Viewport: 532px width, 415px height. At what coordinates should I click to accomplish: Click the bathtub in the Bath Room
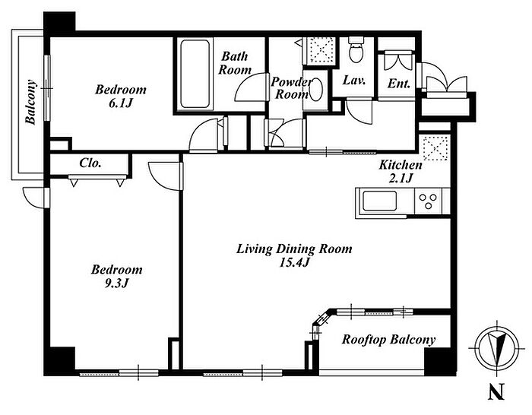(195, 74)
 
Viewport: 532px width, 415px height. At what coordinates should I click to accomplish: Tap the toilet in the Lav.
(356, 50)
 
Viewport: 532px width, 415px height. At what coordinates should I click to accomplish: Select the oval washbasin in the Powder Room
(315, 90)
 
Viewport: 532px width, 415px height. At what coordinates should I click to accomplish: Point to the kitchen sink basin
(380, 201)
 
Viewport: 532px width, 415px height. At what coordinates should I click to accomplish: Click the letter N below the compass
(496, 391)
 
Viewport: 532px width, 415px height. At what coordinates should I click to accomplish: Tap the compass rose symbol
(497, 348)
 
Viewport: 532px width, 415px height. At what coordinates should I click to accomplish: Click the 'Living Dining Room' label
(294, 249)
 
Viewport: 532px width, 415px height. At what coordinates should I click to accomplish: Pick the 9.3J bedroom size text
(116, 284)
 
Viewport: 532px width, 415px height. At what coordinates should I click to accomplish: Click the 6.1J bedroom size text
(120, 103)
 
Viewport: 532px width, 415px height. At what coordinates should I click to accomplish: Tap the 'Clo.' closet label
(90, 163)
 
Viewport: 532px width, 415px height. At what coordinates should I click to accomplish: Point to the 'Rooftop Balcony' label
(388, 340)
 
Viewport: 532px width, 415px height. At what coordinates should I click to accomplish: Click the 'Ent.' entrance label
(399, 84)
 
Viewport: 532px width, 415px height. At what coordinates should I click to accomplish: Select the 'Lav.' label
(354, 81)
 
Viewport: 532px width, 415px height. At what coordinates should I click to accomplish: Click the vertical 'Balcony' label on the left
(31, 102)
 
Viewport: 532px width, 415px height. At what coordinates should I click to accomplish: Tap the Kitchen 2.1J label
(401, 171)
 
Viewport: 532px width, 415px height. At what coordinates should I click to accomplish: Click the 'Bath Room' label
(235, 63)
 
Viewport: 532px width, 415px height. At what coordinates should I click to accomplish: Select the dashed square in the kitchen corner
(436, 148)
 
